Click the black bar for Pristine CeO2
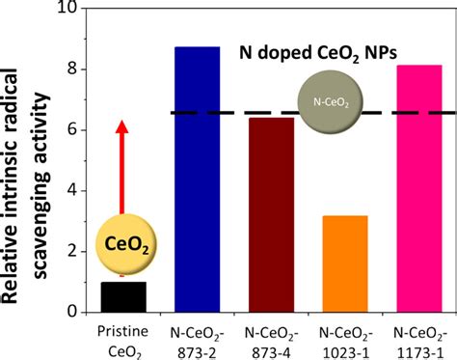click(x=123, y=297)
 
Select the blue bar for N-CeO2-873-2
click(x=198, y=180)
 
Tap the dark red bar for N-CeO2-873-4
click(x=272, y=215)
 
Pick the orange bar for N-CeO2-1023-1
click(x=345, y=263)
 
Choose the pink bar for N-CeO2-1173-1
click(x=419, y=188)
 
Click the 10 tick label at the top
click(x=67, y=8)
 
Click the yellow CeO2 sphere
click(x=127, y=244)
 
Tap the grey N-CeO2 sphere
click(x=331, y=102)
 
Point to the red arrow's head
click(x=121, y=126)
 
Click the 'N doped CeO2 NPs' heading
click(x=318, y=53)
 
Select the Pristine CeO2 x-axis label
click(x=123, y=342)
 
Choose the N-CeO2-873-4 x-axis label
click(x=272, y=343)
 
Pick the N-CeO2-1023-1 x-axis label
click(x=346, y=343)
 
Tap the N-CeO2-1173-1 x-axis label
click(x=420, y=343)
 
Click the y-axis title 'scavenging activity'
click(x=41, y=186)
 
